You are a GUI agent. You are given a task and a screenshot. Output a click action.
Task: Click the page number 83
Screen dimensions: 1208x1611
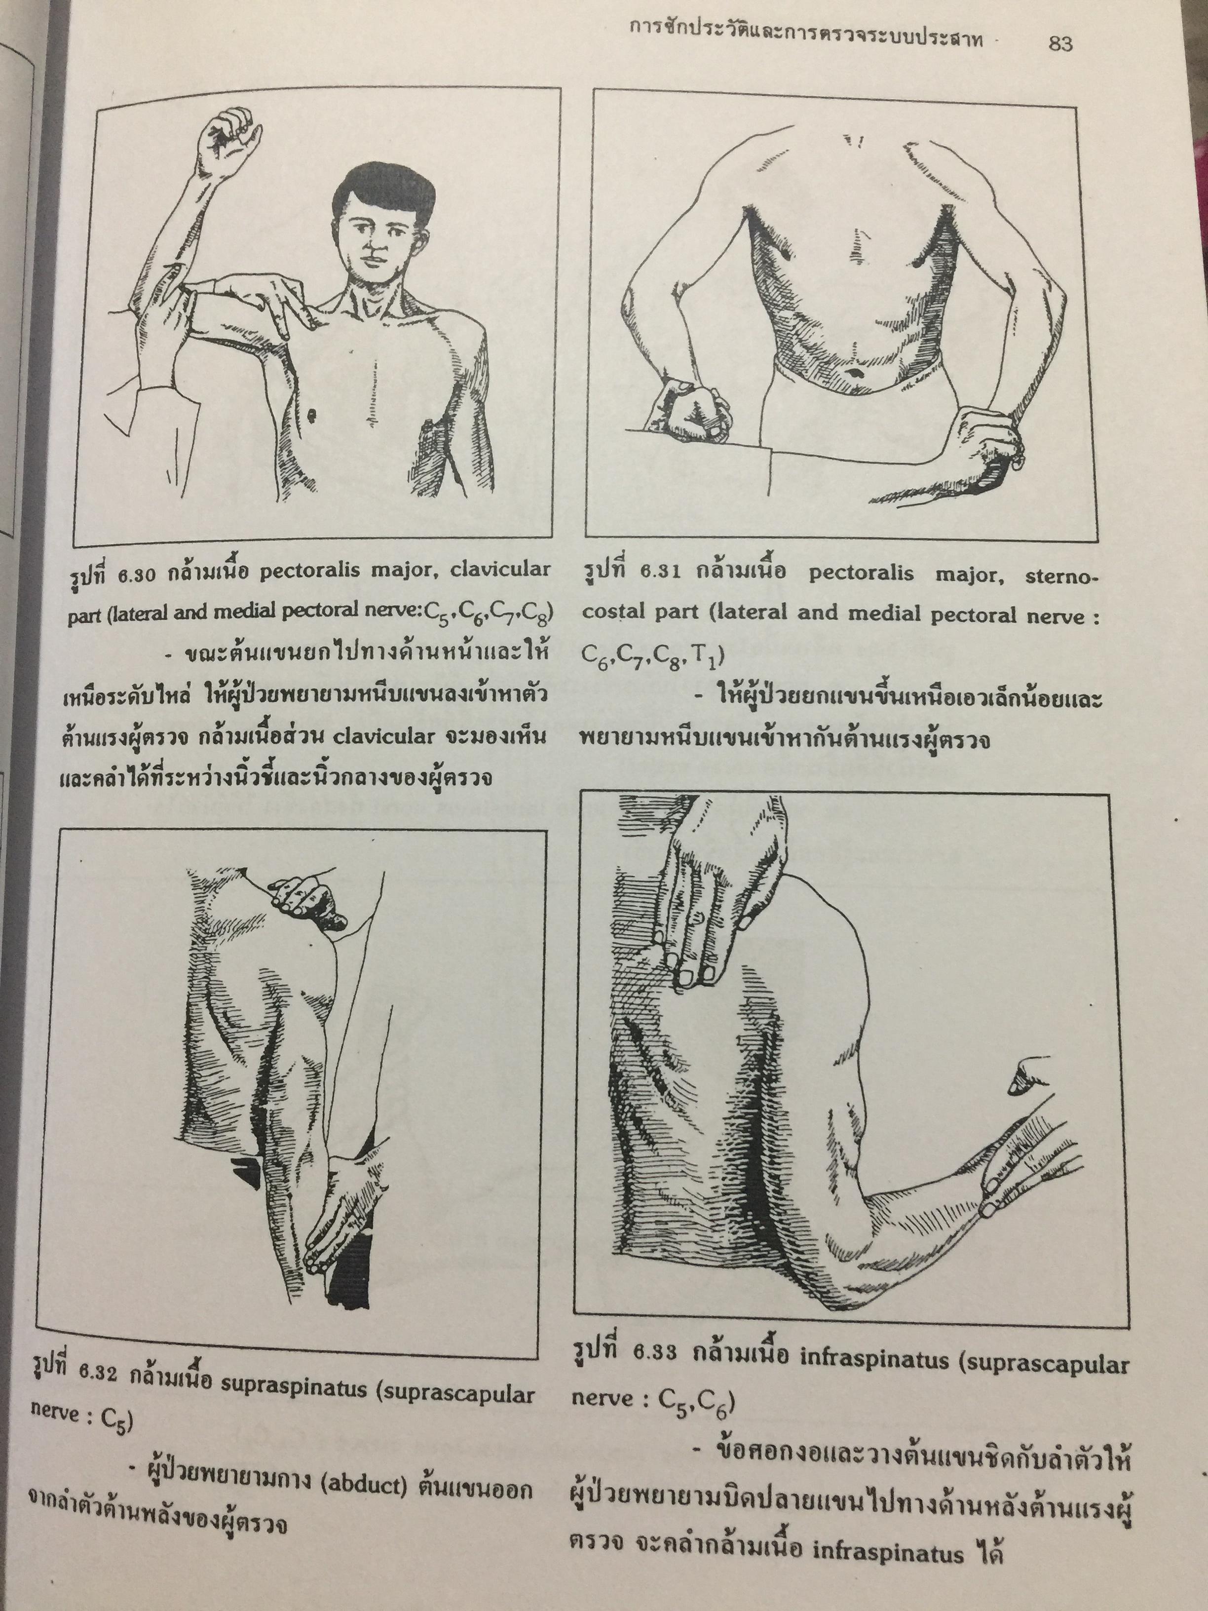[x=1060, y=44]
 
